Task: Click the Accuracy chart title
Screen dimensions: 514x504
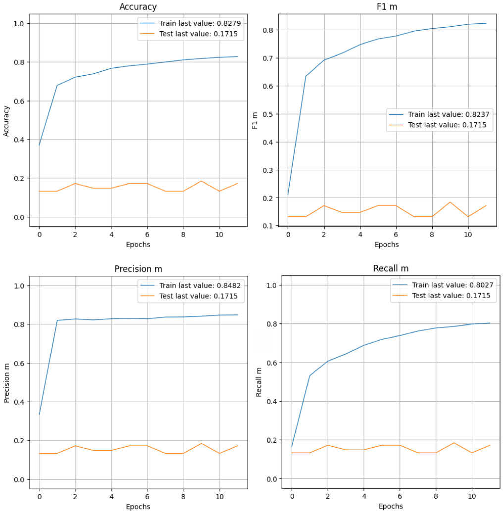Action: click(138, 7)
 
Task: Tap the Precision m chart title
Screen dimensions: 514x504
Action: click(138, 269)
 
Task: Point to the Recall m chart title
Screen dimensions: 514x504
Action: click(391, 269)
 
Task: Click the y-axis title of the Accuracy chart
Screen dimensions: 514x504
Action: click(6, 120)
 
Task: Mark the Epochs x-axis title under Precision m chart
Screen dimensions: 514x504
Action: click(138, 507)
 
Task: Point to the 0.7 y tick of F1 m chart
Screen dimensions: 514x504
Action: click(269, 58)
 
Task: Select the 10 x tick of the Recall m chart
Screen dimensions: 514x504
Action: click(472, 496)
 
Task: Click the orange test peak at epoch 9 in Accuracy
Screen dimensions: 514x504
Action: click(202, 181)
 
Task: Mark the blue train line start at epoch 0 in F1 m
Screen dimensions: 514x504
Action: click(288, 195)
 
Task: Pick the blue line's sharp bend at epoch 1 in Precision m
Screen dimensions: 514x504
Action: click(57, 320)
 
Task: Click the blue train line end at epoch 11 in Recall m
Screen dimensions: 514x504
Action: click(490, 323)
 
